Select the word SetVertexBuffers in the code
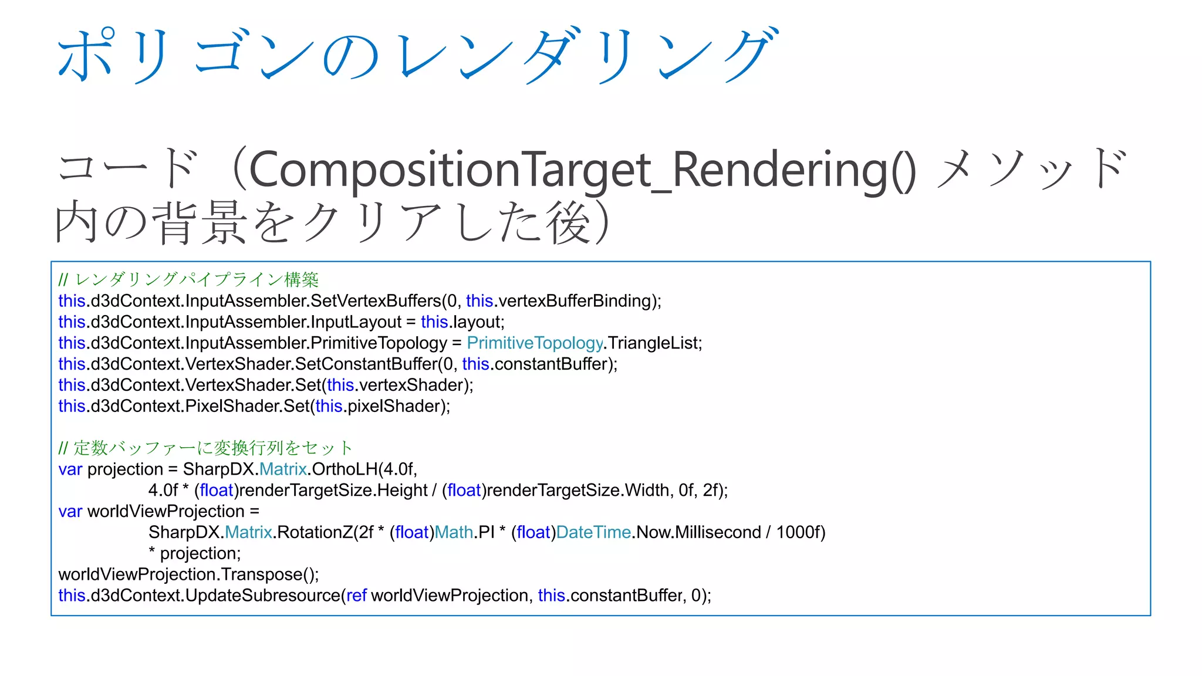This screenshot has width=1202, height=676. click(376, 301)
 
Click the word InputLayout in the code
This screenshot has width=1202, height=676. click(356, 322)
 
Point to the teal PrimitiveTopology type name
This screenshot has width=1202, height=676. click(535, 343)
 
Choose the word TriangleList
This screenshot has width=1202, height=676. click(652, 343)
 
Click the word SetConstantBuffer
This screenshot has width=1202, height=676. click(366, 364)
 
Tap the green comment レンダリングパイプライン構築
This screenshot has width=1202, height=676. click(197, 280)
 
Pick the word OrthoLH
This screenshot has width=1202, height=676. click(345, 469)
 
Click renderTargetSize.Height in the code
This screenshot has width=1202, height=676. click(333, 491)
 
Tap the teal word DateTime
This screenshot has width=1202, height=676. click(593, 533)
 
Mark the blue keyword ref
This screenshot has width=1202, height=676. click(356, 596)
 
